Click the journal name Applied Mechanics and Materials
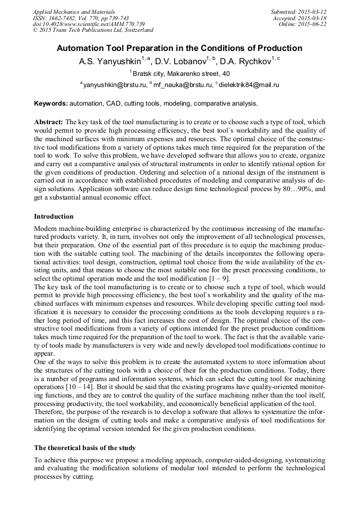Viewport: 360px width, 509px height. click(x=74, y=12)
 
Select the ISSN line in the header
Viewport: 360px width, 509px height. click(x=81, y=18)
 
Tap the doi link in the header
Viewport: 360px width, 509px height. click(x=89, y=24)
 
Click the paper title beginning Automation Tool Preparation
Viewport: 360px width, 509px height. click(x=179, y=48)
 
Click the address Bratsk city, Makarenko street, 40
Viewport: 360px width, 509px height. click(x=181, y=74)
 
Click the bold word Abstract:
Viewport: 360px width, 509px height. click(x=49, y=122)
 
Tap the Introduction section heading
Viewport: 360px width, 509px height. click(x=54, y=217)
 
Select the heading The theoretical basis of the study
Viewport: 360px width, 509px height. click(x=85, y=448)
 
